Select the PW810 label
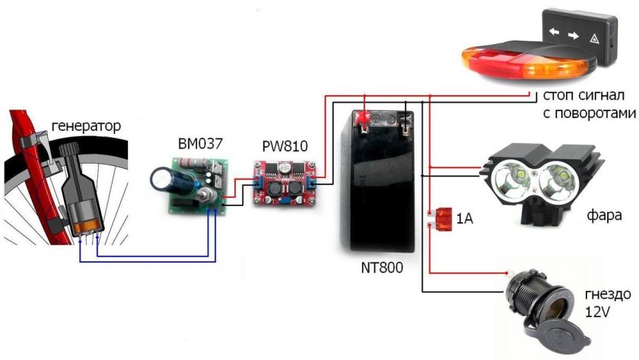pos(281,145)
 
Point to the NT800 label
pos(379,268)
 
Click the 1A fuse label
pos(465,220)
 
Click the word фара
pos(604,216)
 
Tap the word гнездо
pos(602,296)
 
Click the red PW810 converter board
pos(283,180)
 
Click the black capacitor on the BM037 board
pos(164,179)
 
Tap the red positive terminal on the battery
pos(363,118)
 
